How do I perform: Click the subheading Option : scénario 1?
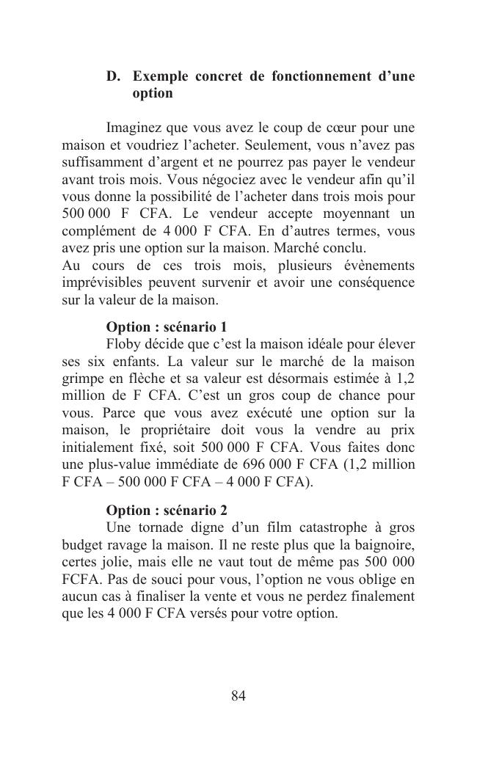click(167, 326)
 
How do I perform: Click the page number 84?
click(238, 695)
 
